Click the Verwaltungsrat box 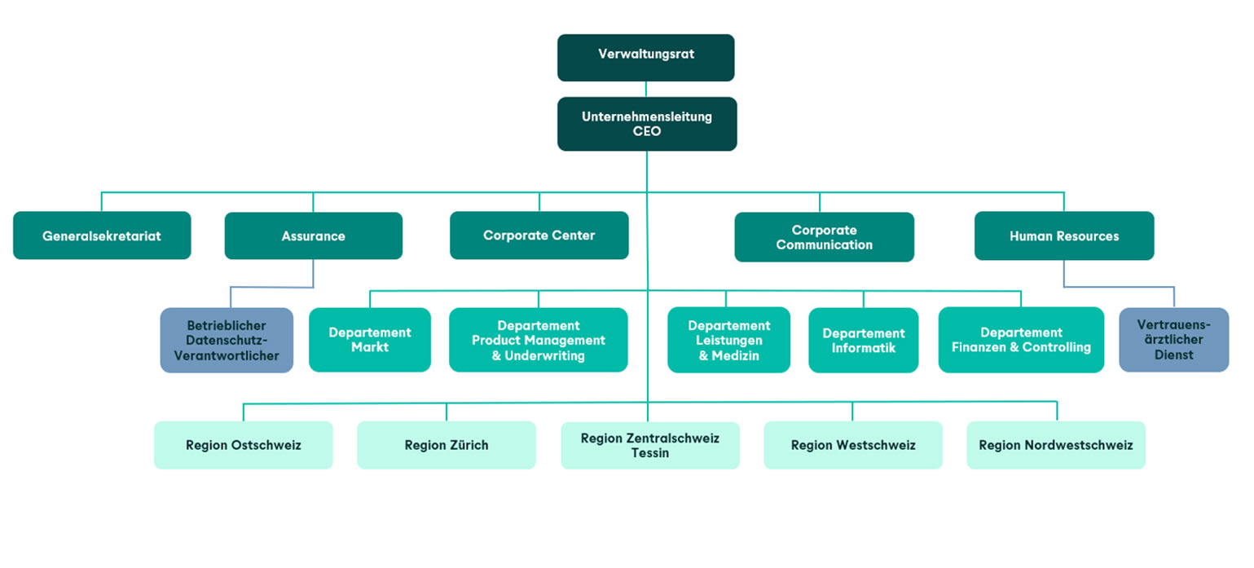[645, 58]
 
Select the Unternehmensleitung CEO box [647, 124]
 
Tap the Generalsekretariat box [102, 236]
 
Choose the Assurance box [314, 236]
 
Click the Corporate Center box [539, 236]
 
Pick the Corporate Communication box [824, 237]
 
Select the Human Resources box [1064, 236]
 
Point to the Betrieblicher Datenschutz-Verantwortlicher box [227, 340]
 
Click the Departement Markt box [370, 340]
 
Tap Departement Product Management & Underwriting [539, 340]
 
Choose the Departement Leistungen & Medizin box [729, 340]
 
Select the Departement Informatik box [863, 340]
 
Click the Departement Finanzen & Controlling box [1021, 340]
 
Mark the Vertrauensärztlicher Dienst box [1174, 340]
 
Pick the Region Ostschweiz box [244, 445]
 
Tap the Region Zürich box [447, 445]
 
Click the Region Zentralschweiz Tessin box [650, 445]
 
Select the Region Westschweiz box [853, 445]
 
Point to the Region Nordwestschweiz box [1056, 445]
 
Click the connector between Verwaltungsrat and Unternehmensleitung [646, 90]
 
